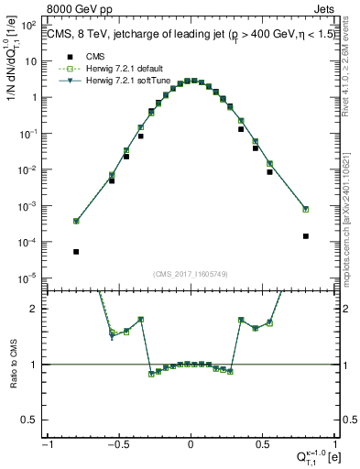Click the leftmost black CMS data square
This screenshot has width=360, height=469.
[76, 251]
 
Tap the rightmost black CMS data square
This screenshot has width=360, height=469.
[305, 235]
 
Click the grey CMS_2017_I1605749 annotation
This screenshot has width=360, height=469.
[190, 272]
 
